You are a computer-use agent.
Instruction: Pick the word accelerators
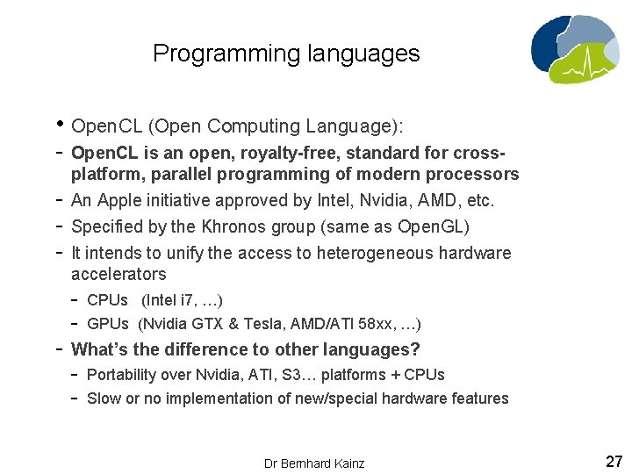118,274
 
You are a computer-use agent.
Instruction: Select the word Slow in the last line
104,399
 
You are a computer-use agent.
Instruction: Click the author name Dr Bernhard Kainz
313,463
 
